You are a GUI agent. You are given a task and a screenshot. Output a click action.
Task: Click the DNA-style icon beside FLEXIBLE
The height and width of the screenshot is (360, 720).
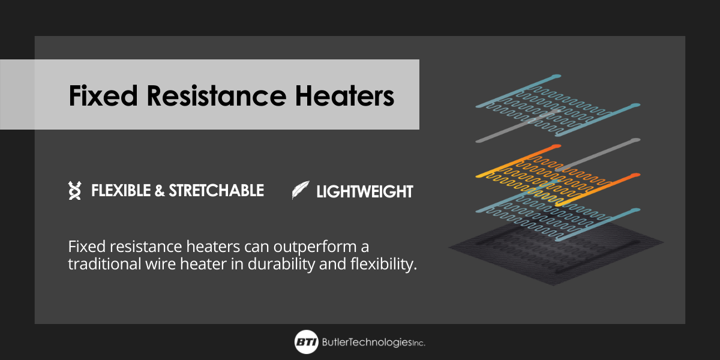[x=75, y=191]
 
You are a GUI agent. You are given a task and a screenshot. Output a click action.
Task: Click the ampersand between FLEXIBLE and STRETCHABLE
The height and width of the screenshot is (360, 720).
[x=160, y=191]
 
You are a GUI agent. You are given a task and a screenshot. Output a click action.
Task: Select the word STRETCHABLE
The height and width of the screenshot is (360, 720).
[x=216, y=191]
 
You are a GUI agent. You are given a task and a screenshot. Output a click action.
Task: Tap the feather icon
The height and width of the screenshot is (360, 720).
[x=300, y=191]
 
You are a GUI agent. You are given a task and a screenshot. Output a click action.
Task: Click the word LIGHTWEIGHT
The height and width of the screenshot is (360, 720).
[x=365, y=191]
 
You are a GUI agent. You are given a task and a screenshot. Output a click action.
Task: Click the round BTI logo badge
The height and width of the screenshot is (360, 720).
[x=306, y=342]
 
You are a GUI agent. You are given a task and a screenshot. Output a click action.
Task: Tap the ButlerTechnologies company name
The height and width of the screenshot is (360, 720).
[x=366, y=343]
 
